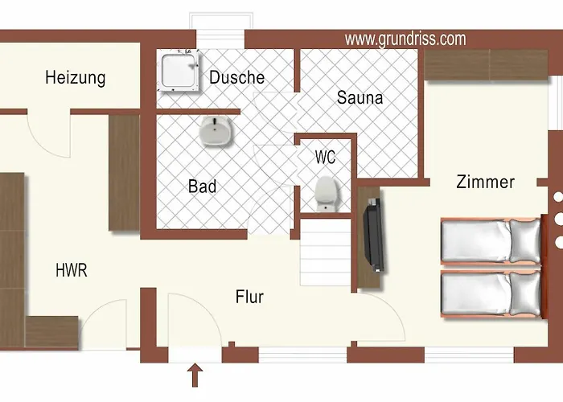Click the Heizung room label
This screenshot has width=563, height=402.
click(x=76, y=78)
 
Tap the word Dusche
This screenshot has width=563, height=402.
click(x=237, y=77)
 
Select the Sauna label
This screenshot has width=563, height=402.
click(x=360, y=97)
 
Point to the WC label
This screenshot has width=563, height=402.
click(x=325, y=158)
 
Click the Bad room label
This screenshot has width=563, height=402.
click(x=203, y=187)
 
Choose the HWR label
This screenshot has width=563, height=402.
click(x=72, y=270)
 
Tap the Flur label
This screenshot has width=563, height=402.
click(x=249, y=297)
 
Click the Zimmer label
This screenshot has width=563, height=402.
click(x=486, y=182)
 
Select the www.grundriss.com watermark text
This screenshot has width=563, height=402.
click(x=405, y=39)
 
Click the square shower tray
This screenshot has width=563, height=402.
click(x=179, y=71)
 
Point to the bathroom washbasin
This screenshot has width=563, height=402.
click(x=215, y=131)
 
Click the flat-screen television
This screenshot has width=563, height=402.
click(x=374, y=235)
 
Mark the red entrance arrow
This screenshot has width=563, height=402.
click(x=195, y=375)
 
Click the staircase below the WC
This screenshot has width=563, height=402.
click(x=325, y=252)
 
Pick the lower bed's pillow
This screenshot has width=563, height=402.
click(x=525, y=294)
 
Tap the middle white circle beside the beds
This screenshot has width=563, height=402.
click(x=558, y=219)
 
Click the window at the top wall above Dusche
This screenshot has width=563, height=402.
click(x=221, y=31)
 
